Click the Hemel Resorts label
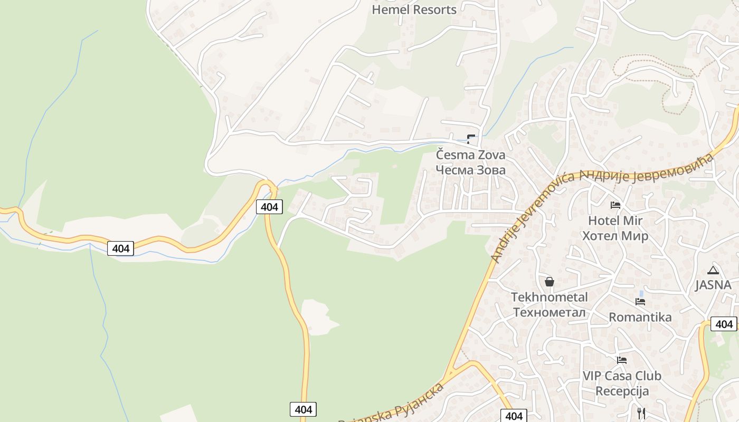coord(414,9)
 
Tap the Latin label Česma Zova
coord(470,155)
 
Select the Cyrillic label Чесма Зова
coord(470,170)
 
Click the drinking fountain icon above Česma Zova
coord(471,139)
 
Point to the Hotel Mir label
coord(615,220)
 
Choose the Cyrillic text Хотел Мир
coord(615,236)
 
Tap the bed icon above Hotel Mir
coord(615,205)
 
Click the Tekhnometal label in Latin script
coord(549,298)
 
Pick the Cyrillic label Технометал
coord(549,312)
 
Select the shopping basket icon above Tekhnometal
coord(549,282)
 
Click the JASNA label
coord(713,285)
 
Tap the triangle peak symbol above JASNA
coord(713,271)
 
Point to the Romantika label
coord(640,317)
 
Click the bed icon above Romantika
coord(640,302)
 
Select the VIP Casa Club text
coord(622,376)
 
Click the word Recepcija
coord(622,391)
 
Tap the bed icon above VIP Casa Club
coord(622,361)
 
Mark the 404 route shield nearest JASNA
coord(724,324)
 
